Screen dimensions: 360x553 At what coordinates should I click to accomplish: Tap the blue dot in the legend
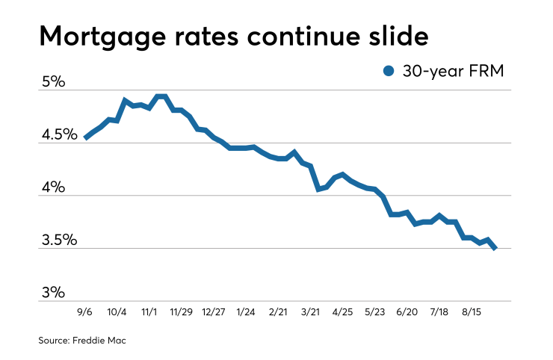pos(388,71)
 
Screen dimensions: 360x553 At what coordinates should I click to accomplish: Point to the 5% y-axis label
pos(54,81)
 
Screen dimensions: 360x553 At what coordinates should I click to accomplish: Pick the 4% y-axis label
pos(54,187)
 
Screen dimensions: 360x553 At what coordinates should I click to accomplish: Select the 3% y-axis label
pos(54,293)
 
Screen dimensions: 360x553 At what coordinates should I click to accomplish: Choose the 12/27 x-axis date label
pos(214,311)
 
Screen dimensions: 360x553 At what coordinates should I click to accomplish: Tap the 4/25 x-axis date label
pos(342,311)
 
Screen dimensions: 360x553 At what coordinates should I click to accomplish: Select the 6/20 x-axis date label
pos(408,311)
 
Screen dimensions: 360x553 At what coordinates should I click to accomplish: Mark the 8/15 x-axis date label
pos(472,311)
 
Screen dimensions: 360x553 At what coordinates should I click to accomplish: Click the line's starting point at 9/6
pos(86,137)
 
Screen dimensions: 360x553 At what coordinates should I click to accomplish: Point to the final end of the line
pos(495,248)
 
